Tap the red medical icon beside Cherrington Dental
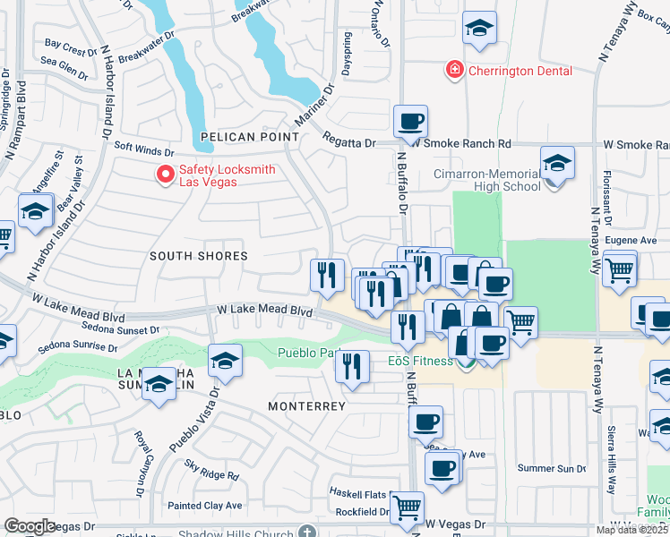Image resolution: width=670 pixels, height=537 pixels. [x=455, y=69]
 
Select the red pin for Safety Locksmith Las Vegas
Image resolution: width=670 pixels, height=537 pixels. [x=165, y=175]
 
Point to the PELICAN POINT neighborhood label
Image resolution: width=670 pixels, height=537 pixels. [x=250, y=137]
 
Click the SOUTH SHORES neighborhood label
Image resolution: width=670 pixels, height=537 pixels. [x=198, y=256]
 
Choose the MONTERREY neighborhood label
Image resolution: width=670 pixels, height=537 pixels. [x=307, y=406]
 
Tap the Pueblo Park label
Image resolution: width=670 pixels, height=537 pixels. [x=308, y=353]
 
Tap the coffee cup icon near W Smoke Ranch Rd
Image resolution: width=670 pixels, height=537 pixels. [x=410, y=121]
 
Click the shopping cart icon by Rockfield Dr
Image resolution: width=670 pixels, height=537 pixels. [x=408, y=507]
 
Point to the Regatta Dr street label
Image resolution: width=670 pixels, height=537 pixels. [x=348, y=143]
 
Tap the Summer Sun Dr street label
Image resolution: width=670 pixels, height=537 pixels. [x=552, y=469]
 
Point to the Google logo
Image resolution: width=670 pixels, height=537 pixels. [x=30, y=526]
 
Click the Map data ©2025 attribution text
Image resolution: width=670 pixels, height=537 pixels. [x=631, y=530]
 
